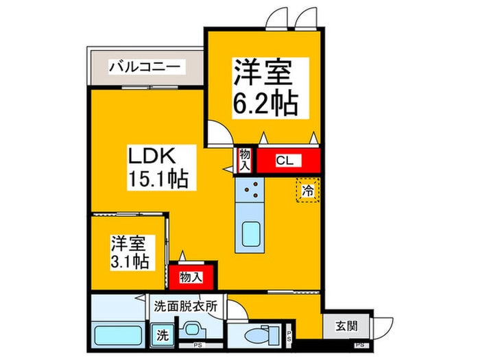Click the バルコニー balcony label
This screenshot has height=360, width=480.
coord(145,67)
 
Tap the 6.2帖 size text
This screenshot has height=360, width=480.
coord(265,103)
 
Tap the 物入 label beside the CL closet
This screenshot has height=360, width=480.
coord(245,161)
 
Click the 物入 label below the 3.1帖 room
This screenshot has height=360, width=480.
coord(191,277)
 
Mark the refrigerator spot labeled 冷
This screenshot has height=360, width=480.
coord(308,190)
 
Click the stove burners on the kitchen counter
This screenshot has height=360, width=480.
coord(249,189)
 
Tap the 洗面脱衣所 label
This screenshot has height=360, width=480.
coord(185,307)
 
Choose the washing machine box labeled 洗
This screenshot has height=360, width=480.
coord(162,336)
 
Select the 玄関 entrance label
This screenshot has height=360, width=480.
coord(347,326)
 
